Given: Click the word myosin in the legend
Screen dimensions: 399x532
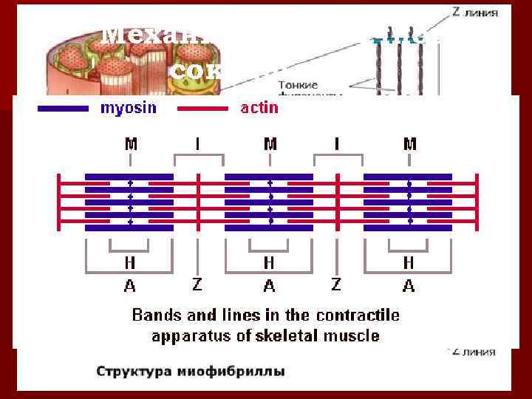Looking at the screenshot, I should [x=129, y=109].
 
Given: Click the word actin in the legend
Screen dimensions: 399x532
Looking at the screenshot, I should [x=259, y=109].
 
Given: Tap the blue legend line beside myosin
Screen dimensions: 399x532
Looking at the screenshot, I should [x=63, y=109].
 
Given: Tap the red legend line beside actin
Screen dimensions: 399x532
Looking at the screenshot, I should [x=202, y=109].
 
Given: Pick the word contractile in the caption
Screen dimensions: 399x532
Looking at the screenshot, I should [x=358, y=316].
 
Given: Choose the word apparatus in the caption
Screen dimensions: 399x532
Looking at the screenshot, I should [x=185, y=335].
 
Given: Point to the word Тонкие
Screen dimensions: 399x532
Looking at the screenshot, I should [x=293, y=86].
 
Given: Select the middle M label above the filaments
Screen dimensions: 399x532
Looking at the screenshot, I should [x=270, y=144].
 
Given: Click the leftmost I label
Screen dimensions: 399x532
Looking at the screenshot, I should [x=197, y=144].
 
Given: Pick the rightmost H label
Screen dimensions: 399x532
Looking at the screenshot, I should [x=408, y=263].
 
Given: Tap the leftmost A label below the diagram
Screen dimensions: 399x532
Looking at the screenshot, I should [x=130, y=285].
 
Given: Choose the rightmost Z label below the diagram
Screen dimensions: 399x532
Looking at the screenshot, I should [x=337, y=284].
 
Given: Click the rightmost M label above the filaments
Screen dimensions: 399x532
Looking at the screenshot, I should [x=410, y=144].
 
